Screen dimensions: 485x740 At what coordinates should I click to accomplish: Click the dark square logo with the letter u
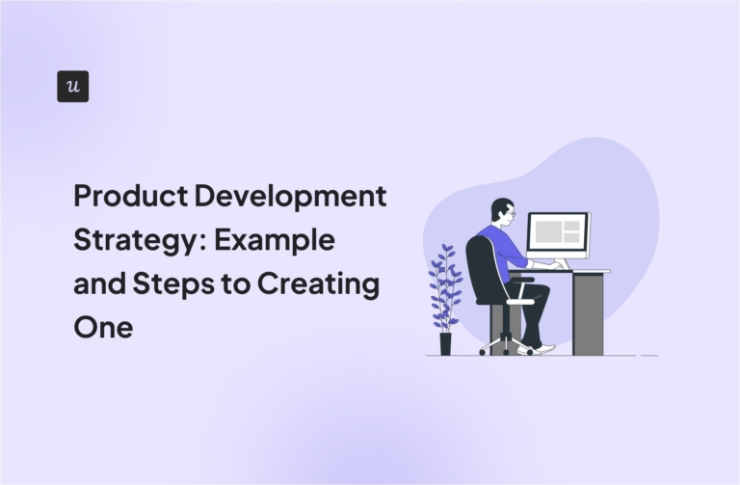pyautogui.click(x=72, y=87)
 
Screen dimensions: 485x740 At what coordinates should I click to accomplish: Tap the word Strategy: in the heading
pyautogui.click(x=138, y=241)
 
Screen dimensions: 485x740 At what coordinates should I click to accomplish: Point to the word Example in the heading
pyautogui.click(x=275, y=241)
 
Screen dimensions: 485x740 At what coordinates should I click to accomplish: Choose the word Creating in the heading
pyautogui.click(x=327, y=285)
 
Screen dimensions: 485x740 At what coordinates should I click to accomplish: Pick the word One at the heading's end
pyautogui.click(x=102, y=329)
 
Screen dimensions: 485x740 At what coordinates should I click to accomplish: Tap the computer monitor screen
pyautogui.click(x=557, y=233)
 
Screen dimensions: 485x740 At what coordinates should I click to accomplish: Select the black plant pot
pyautogui.click(x=445, y=343)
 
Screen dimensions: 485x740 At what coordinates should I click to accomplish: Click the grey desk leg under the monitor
pyautogui.click(x=587, y=313)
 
